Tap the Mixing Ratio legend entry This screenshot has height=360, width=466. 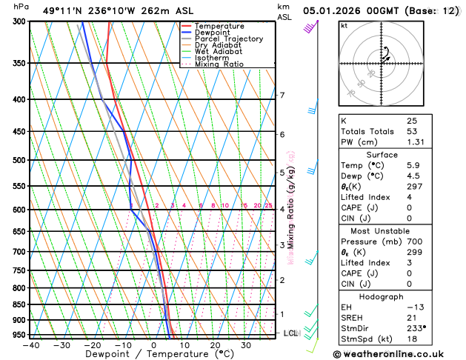pos(219,64)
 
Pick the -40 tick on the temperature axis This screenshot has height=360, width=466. pos(30,344)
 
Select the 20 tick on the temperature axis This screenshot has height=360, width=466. pos(215,344)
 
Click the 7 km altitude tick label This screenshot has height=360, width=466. pos(282,96)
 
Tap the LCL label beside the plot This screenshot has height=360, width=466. pos(290,333)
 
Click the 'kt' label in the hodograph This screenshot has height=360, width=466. pos(344,25)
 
